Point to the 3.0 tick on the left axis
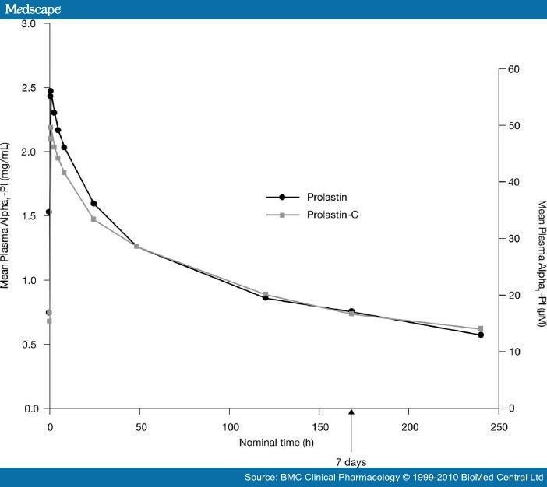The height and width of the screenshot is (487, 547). click(x=29, y=24)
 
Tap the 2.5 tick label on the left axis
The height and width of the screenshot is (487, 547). click(x=29, y=88)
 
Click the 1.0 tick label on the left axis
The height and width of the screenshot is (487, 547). click(x=29, y=280)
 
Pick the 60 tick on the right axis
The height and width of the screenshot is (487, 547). click(x=513, y=69)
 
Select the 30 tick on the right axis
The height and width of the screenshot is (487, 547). click(x=513, y=239)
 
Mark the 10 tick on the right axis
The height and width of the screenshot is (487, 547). click(x=513, y=352)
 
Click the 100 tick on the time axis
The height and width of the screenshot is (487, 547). click(x=230, y=427)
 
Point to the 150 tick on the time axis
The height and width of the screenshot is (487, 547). click(x=319, y=427)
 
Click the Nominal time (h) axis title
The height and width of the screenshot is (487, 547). click(x=273, y=443)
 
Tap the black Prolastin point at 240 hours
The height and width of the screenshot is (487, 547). click(x=481, y=335)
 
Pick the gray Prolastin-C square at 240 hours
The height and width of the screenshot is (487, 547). click(x=481, y=328)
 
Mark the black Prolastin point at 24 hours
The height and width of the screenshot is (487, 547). click(x=94, y=204)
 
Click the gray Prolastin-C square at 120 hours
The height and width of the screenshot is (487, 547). click(x=265, y=294)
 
